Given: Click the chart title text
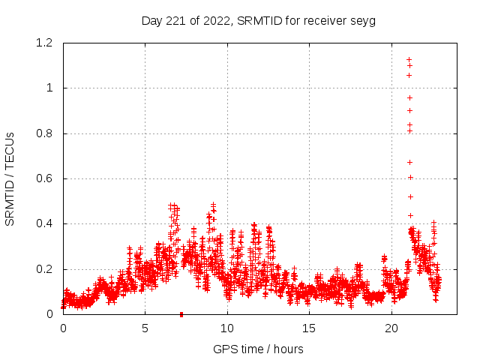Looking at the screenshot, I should point(258,20).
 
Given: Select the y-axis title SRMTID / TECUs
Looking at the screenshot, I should point(10,178).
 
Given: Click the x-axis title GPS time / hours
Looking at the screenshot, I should point(258,349).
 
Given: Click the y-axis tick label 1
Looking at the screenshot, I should point(50,88).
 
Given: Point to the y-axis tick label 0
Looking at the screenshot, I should point(50,314).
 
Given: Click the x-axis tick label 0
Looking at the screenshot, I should point(63,328).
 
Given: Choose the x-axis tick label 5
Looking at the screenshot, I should point(145,328).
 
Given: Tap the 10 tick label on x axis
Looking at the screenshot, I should point(227,328).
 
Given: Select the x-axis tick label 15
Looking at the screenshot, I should point(310,328).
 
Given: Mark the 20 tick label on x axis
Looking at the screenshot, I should point(391,328).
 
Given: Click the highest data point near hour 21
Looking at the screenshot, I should point(409,59).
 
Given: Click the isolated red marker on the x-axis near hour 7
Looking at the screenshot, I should point(181,314).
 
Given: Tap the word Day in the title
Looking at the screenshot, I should point(152,20).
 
